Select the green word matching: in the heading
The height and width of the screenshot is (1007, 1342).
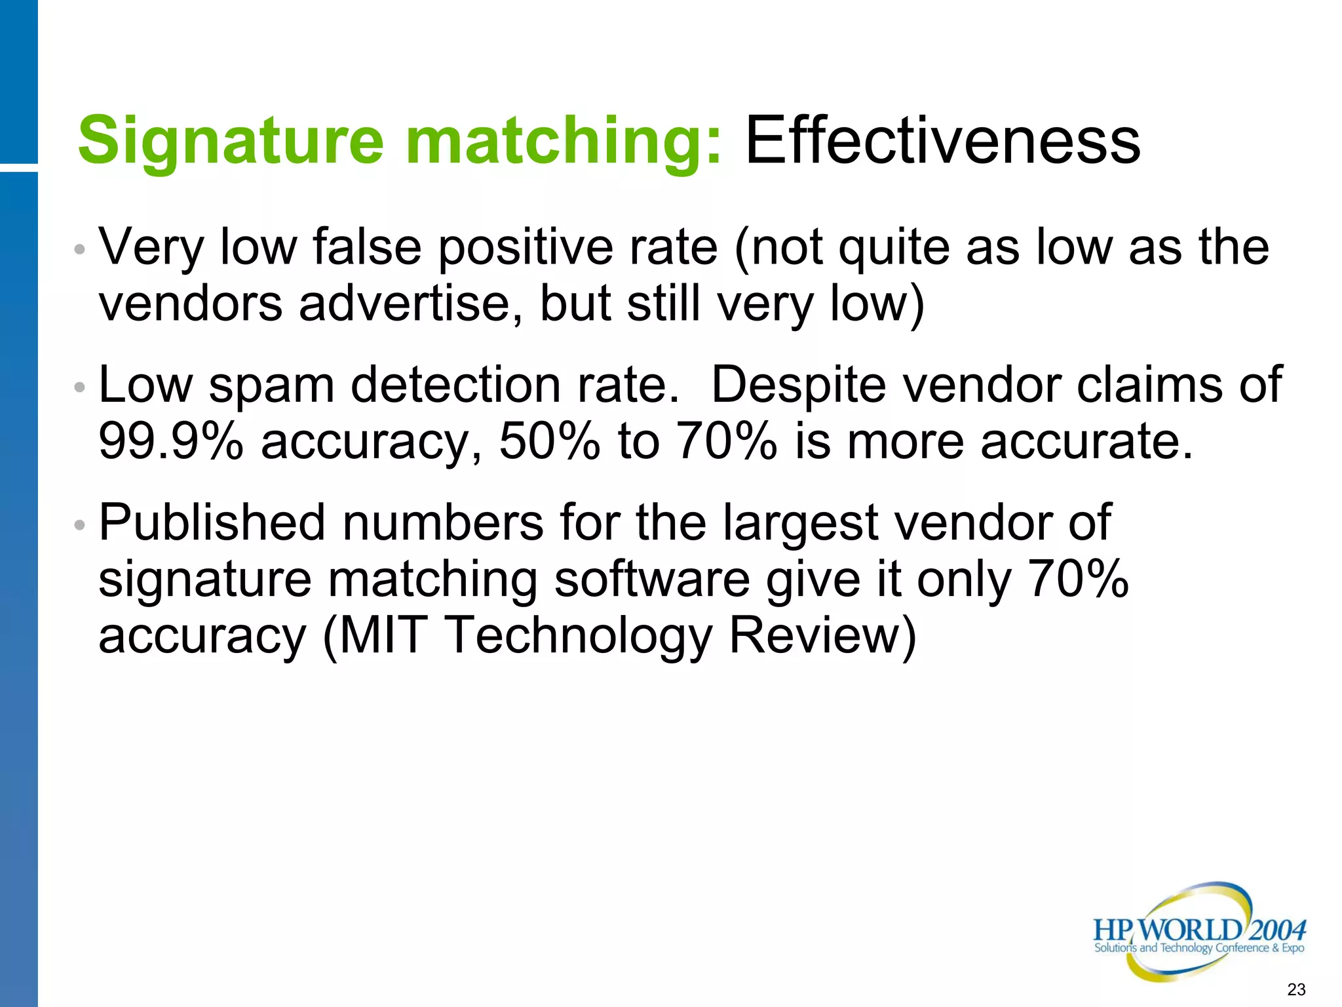click(x=564, y=142)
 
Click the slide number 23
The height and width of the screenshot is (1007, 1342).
click(x=1296, y=989)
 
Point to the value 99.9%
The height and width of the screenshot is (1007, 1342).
click(x=171, y=441)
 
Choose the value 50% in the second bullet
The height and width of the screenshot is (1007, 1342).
click(x=549, y=441)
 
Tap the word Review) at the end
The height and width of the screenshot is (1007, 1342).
click(x=822, y=635)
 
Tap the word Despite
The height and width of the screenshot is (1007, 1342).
click(x=800, y=385)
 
